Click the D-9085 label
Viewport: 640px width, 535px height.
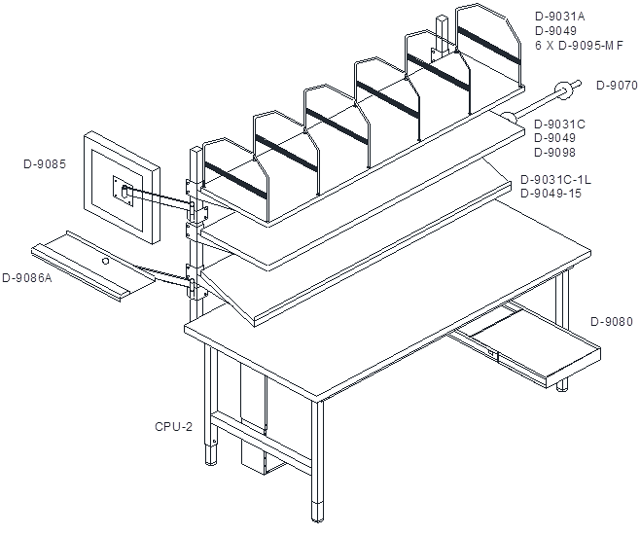click(45, 164)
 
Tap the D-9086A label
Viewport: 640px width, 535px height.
click(27, 278)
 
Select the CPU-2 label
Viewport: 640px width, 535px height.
click(173, 426)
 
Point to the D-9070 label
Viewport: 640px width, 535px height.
click(617, 86)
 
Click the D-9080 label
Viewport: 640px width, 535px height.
click(612, 322)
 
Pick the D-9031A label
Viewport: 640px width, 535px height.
click(560, 17)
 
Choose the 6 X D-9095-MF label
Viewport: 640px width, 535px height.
click(580, 46)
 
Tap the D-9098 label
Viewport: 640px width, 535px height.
click(555, 152)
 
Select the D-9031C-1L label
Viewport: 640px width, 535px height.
click(556, 180)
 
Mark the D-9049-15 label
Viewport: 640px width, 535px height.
click(551, 193)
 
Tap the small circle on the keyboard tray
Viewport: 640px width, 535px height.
click(105, 261)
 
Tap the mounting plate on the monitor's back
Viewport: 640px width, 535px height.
click(121, 192)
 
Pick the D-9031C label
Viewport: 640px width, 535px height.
click(559, 125)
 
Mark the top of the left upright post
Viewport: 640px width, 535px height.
click(196, 150)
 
